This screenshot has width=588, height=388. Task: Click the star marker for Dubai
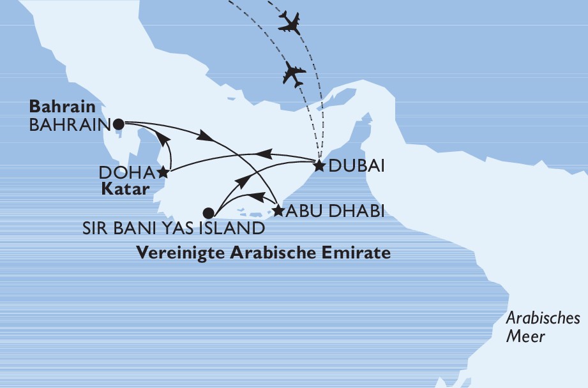318,166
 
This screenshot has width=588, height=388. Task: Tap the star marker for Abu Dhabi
278,210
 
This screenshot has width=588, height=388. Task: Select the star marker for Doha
163,172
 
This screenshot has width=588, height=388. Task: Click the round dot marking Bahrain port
119,124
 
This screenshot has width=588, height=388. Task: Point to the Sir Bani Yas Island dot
207,213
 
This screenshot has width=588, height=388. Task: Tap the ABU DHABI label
335,211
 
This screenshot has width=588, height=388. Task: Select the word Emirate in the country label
358,253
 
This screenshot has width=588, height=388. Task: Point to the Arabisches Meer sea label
542,327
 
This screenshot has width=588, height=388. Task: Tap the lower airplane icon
294,74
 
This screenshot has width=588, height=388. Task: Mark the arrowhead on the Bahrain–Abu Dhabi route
205,136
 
